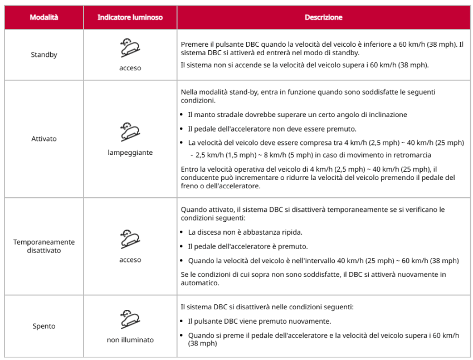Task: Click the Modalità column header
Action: point(44,17)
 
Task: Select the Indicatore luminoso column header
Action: point(130,17)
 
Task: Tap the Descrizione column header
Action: point(323,17)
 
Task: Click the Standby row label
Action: point(44,55)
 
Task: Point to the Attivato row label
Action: point(44,139)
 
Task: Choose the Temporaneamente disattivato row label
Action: point(44,246)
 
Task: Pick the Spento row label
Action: point(44,327)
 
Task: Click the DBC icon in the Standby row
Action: point(130,48)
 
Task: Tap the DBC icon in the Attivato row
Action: point(130,132)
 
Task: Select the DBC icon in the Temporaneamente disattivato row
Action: point(130,240)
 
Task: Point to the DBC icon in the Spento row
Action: point(130,320)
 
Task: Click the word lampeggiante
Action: point(130,152)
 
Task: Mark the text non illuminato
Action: point(130,340)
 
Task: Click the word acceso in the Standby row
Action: point(130,69)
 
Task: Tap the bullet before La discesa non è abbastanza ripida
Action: point(184,232)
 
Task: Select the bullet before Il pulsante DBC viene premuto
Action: point(184,322)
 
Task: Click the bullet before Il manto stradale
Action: point(184,115)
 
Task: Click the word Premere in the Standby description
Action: point(194,44)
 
